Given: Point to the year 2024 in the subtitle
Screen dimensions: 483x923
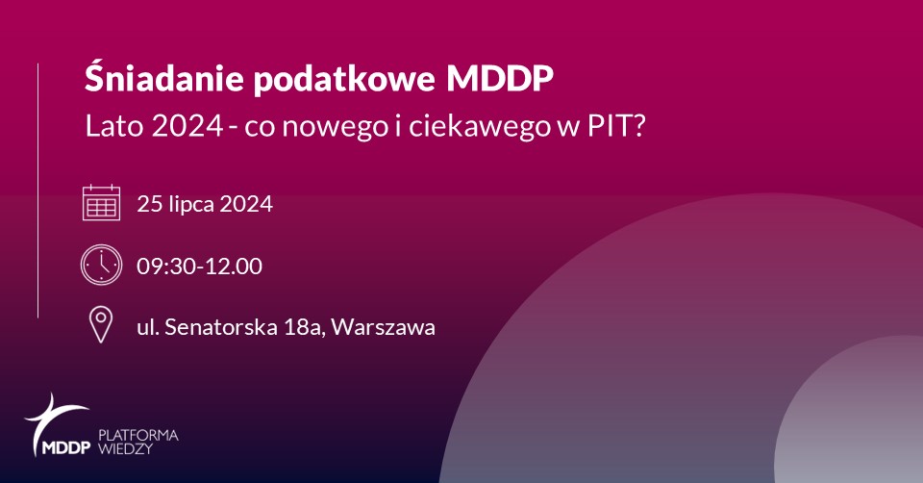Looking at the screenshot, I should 187,126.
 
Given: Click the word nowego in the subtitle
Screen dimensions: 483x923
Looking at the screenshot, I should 335,126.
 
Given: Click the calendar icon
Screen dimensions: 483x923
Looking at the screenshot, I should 101,203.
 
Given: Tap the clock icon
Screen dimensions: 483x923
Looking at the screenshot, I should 101,265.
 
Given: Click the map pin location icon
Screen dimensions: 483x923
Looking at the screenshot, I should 101,325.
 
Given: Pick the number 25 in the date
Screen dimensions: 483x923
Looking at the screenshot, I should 150,204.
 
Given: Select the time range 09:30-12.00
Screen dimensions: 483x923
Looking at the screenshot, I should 200,266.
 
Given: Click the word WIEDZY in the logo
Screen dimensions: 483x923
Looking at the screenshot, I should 125,448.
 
